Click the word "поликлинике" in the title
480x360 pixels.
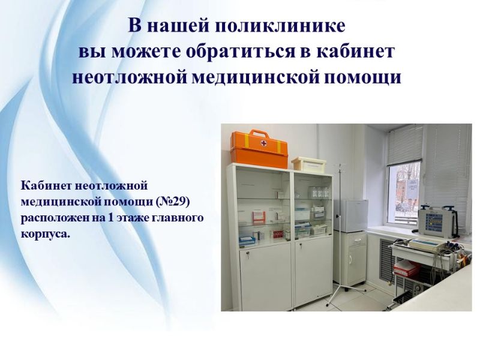pos(280,26)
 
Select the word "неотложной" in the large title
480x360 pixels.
pos(130,77)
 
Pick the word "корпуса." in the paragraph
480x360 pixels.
pos(46,235)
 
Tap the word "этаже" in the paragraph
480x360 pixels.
pos(133,218)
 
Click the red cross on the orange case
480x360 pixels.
pos(263,143)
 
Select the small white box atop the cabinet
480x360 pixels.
pos(308,163)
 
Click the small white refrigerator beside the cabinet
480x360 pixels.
pos(350,215)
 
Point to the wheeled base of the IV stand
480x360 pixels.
pos(346,293)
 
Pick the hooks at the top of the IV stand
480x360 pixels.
pos(340,167)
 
